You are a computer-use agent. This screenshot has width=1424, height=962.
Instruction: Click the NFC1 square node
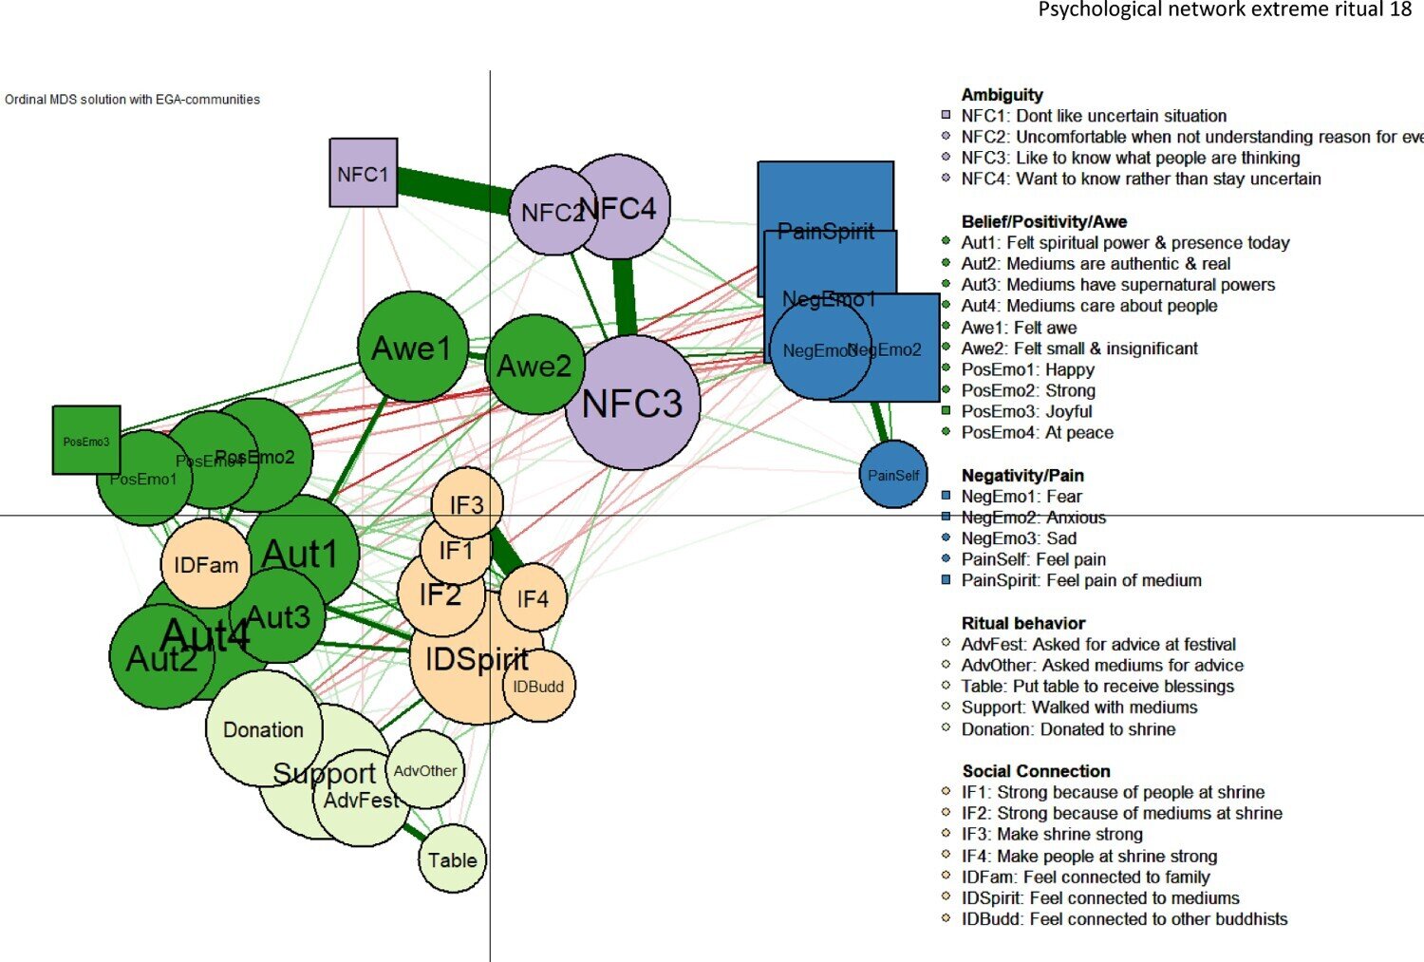click(x=364, y=173)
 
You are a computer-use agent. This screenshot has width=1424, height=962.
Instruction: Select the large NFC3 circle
click(x=632, y=403)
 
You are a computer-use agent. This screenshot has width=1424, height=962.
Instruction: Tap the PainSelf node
click(x=893, y=474)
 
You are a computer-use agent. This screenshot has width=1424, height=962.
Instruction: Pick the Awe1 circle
click(x=412, y=347)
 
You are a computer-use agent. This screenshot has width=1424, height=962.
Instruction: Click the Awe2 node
click(x=534, y=365)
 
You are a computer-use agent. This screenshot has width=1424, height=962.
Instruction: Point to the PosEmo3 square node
click(x=86, y=440)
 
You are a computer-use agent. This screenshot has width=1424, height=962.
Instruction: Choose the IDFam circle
click(x=206, y=564)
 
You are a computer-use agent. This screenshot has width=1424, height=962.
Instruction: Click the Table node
click(x=453, y=859)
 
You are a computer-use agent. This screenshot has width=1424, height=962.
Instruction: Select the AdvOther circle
click(x=425, y=770)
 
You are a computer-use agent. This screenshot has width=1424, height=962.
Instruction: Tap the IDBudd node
click(x=539, y=686)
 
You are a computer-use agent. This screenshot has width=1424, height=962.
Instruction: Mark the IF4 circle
click(x=533, y=598)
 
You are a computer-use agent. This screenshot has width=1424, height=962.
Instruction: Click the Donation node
click(x=263, y=729)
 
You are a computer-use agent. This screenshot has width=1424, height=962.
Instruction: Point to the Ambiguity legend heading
click(x=1002, y=95)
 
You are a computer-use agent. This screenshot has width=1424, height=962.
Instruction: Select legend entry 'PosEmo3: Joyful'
click(x=1026, y=411)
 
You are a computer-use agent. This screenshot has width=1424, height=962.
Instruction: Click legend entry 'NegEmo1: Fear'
click(x=1021, y=496)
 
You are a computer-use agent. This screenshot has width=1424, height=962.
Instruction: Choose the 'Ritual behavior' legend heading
click(x=1023, y=623)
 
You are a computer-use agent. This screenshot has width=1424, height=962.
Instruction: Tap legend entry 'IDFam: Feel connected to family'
click(x=1085, y=877)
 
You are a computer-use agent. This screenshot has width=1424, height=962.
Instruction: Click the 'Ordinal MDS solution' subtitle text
click(x=133, y=99)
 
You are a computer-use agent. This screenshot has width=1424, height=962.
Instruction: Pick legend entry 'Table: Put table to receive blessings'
click(x=1097, y=686)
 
